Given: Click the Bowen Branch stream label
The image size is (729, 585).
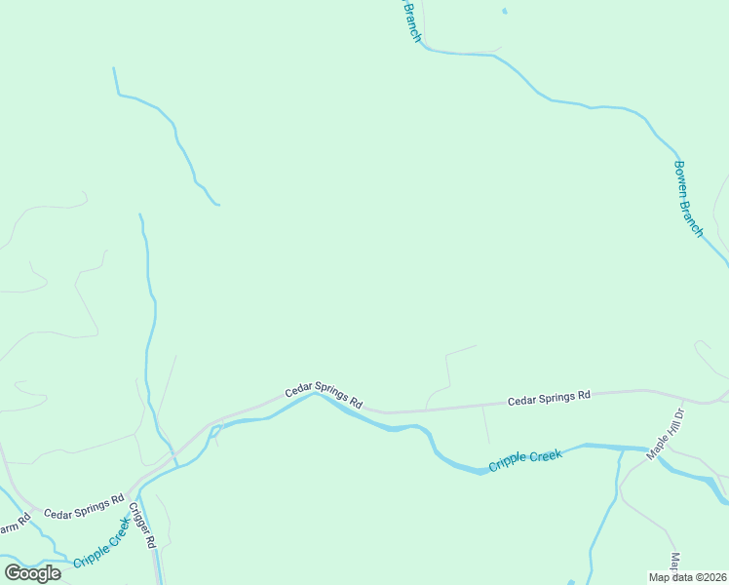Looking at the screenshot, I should [x=688, y=198].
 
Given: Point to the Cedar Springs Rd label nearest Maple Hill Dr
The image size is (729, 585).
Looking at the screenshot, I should [x=550, y=397].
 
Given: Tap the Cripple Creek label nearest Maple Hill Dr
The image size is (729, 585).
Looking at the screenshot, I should [x=525, y=459].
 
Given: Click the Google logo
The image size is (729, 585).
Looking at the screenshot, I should [x=33, y=572].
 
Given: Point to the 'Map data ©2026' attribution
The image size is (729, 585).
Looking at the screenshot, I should [x=688, y=577].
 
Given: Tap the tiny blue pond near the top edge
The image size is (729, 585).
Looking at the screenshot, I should [x=504, y=11].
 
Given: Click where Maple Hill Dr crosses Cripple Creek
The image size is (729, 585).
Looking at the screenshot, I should [x=651, y=452].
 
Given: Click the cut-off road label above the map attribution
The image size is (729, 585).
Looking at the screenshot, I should [x=674, y=563].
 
